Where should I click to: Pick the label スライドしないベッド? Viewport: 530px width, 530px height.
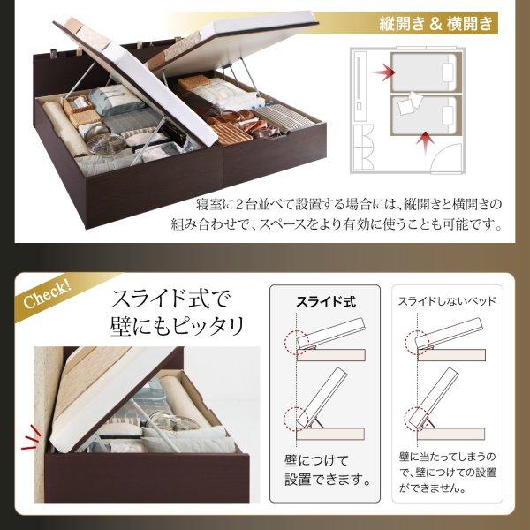445,301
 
